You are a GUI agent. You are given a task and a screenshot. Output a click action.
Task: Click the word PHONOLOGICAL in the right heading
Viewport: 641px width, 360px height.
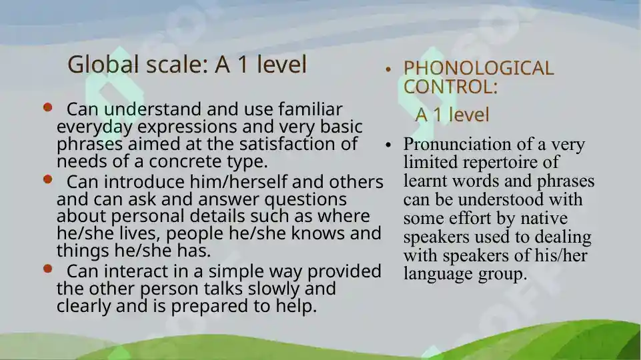478,68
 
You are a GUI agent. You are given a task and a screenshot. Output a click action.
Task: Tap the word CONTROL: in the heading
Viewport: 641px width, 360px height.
450,87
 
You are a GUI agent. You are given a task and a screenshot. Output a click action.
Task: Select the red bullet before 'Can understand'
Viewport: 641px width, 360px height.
47,107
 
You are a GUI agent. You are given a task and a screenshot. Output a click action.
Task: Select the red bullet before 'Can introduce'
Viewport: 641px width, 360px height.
47,179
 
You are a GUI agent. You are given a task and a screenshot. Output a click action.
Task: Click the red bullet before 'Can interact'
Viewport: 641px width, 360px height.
47,269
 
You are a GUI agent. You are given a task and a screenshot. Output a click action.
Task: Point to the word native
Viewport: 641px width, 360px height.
543,219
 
